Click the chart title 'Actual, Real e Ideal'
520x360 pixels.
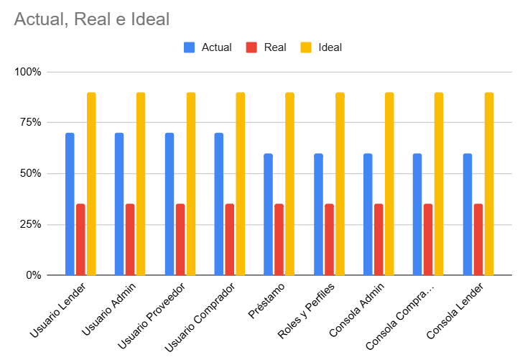click(x=91, y=19)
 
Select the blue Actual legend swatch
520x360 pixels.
click(x=190, y=47)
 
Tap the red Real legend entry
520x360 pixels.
click(x=251, y=47)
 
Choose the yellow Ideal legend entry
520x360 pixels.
click(x=306, y=47)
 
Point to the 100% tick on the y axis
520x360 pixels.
click(x=28, y=72)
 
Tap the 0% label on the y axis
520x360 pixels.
click(x=33, y=275)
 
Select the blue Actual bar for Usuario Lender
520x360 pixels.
click(x=70, y=204)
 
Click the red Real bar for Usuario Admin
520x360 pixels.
click(x=130, y=239)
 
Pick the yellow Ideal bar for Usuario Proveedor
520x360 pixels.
click(x=191, y=184)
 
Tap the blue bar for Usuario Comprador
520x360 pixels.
click(x=218, y=204)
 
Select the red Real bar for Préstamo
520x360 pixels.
click(x=279, y=239)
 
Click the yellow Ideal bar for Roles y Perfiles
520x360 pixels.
click(x=340, y=184)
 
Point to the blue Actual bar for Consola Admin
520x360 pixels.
click(x=368, y=214)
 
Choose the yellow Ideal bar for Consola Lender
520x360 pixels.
click(x=489, y=184)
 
